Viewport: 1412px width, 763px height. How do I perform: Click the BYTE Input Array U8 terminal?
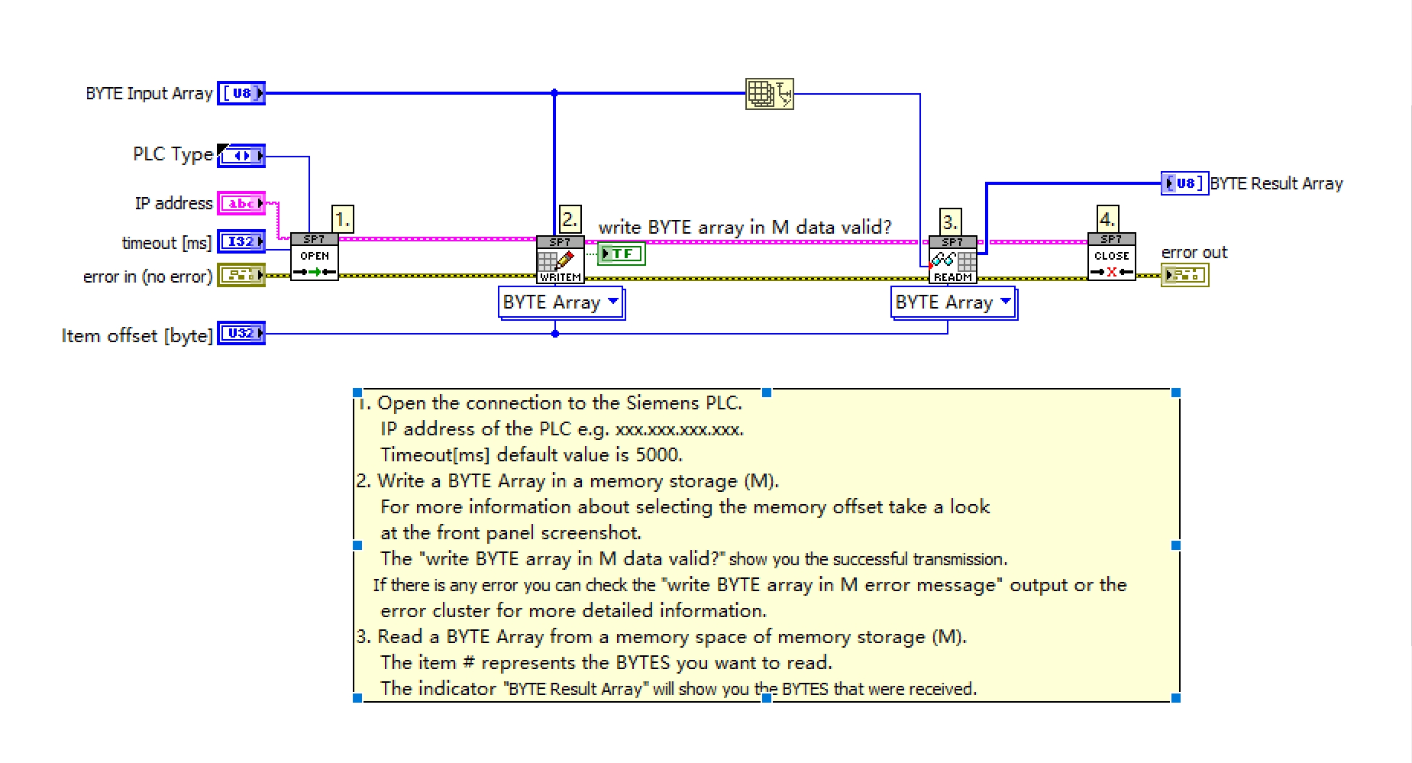[x=241, y=93]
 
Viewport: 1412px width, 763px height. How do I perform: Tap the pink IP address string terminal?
[x=241, y=203]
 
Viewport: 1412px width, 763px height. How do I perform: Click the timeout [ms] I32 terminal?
[x=241, y=242]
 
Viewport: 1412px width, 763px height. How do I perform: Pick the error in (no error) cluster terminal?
[x=241, y=275]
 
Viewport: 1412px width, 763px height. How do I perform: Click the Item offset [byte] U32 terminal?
[x=241, y=334]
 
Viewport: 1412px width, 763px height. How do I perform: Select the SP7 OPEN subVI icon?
[x=314, y=257]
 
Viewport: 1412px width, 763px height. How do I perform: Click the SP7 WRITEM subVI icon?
[x=560, y=260]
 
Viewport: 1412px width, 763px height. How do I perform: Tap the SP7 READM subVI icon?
[x=952, y=260]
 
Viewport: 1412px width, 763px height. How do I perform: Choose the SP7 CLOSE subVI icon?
[x=1111, y=257]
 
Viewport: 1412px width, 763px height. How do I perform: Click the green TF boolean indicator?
[x=621, y=253]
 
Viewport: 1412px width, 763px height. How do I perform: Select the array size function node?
[x=769, y=94]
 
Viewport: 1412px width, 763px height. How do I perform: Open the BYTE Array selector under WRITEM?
[x=561, y=302]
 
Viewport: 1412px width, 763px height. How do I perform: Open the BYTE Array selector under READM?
[x=954, y=302]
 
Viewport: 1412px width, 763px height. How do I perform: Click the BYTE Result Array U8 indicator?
[x=1184, y=183]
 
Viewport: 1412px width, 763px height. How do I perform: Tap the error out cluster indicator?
[x=1184, y=275]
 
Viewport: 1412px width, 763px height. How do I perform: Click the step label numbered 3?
[x=949, y=221]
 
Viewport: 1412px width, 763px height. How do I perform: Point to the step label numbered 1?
[x=342, y=219]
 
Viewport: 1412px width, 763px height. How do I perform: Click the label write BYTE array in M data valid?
[x=745, y=227]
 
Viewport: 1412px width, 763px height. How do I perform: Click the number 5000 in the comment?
[x=657, y=455]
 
